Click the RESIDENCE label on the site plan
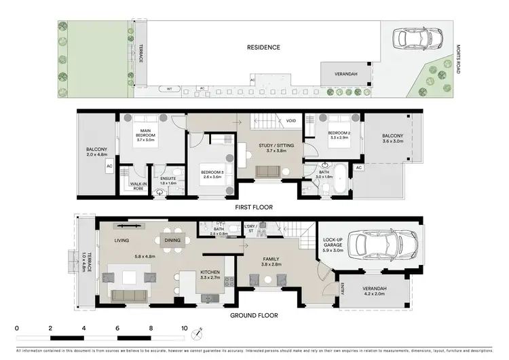click(x=263, y=48)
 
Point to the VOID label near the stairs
click(x=290, y=121)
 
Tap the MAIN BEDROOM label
click(x=145, y=132)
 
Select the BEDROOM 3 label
click(x=213, y=173)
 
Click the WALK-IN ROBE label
click(x=138, y=185)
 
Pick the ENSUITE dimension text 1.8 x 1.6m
click(x=168, y=183)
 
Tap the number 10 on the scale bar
click(x=184, y=327)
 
